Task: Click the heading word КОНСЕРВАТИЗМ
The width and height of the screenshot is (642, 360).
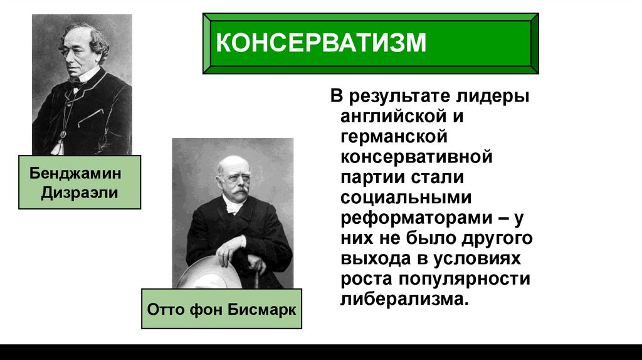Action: click(x=321, y=44)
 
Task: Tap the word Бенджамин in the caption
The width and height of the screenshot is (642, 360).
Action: click(x=75, y=172)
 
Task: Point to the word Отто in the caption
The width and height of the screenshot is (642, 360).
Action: click(x=164, y=310)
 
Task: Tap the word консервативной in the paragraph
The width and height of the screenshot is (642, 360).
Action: click(x=416, y=156)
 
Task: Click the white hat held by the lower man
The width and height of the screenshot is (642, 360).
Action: click(x=201, y=276)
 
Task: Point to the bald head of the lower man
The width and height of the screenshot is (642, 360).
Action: click(x=231, y=164)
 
